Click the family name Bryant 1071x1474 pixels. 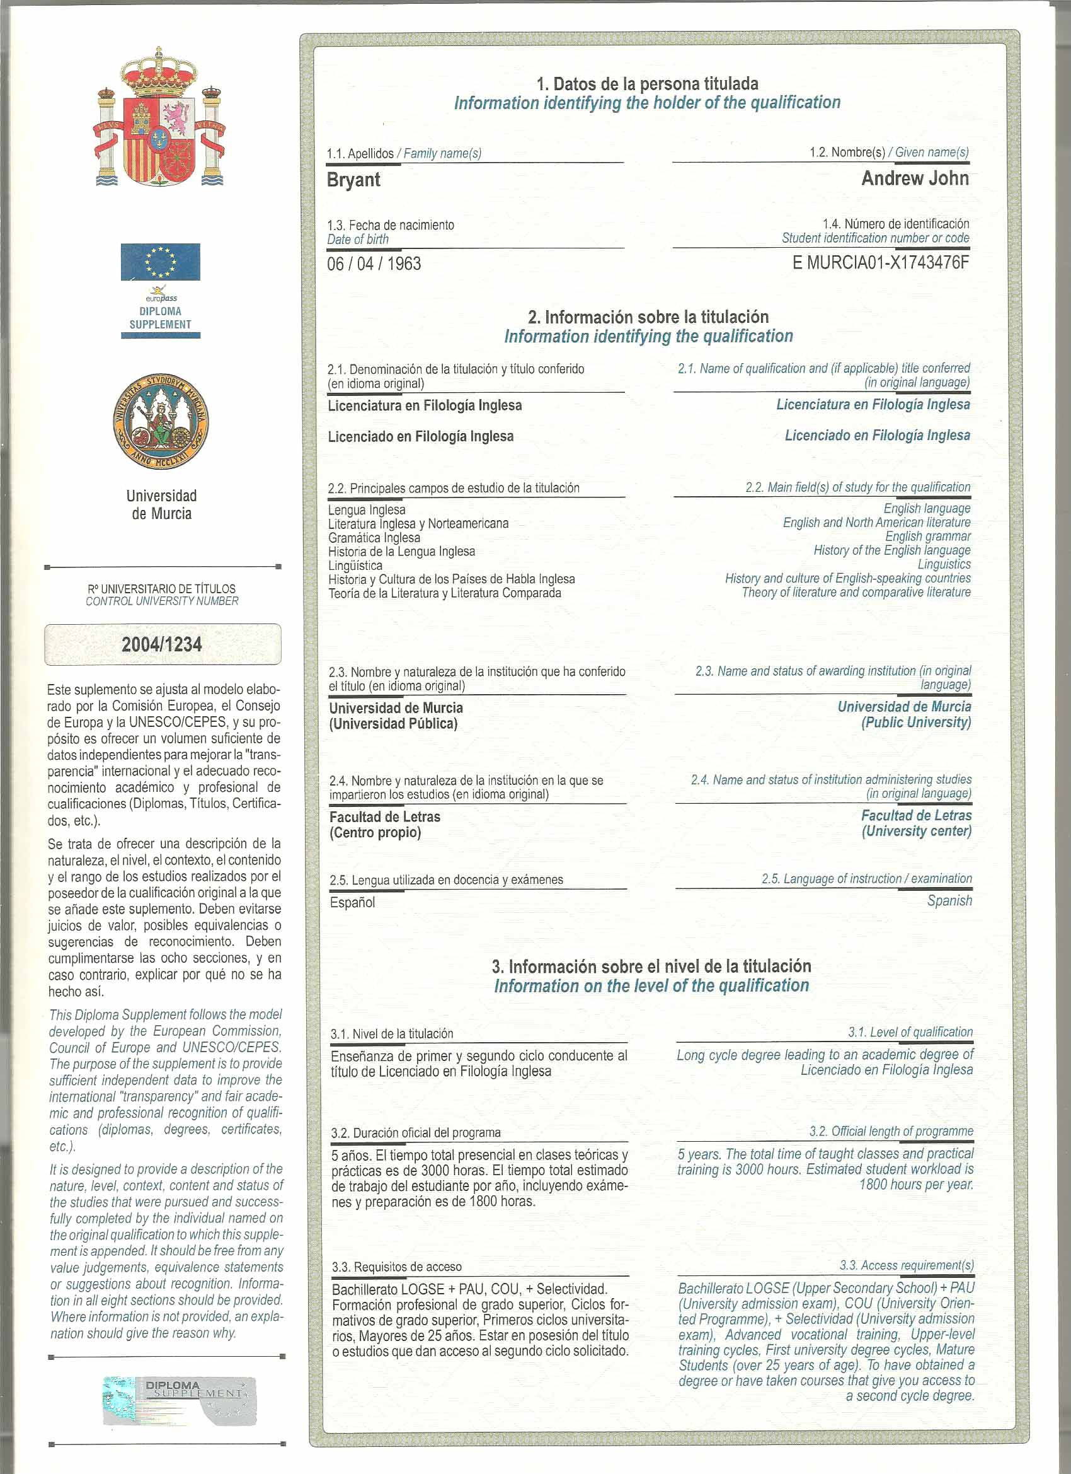click(353, 180)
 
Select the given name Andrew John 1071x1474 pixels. click(915, 178)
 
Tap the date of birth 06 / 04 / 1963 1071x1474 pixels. click(374, 264)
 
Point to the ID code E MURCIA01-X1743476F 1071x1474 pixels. click(880, 262)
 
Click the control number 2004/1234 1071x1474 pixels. click(162, 644)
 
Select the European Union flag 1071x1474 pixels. click(161, 262)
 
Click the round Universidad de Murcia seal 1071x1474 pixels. click(161, 422)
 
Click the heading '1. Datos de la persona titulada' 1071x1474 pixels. click(647, 84)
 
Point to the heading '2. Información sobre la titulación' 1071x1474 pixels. click(648, 317)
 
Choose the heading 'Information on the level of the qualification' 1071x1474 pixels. click(651, 986)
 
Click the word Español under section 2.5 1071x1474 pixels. click(352, 903)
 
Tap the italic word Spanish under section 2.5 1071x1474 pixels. click(949, 901)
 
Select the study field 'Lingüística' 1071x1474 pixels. click(355, 566)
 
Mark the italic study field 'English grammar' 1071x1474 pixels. click(927, 536)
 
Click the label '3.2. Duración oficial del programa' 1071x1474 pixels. click(416, 1133)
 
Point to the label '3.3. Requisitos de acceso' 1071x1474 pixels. click(396, 1267)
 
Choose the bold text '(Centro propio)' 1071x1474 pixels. click(375, 833)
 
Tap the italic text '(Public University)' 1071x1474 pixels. click(916, 722)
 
